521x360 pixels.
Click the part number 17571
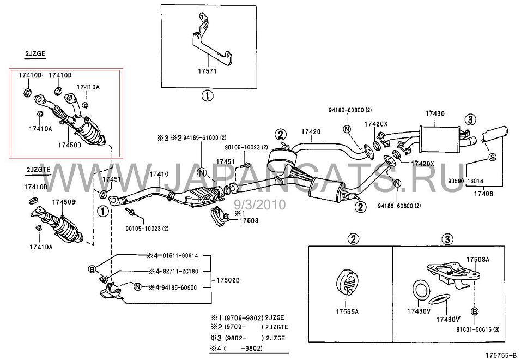(x=207, y=72)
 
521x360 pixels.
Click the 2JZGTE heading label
(x=38, y=170)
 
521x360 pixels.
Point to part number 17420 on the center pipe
(x=311, y=131)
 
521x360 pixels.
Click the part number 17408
(x=483, y=193)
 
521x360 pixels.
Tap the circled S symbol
(x=490, y=157)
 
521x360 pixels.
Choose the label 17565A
(x=348, y=311)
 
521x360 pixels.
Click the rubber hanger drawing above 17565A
(x=347, y=283)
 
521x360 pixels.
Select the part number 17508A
(x=477, y=260)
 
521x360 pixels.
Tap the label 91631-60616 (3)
(x=476, y=330)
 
